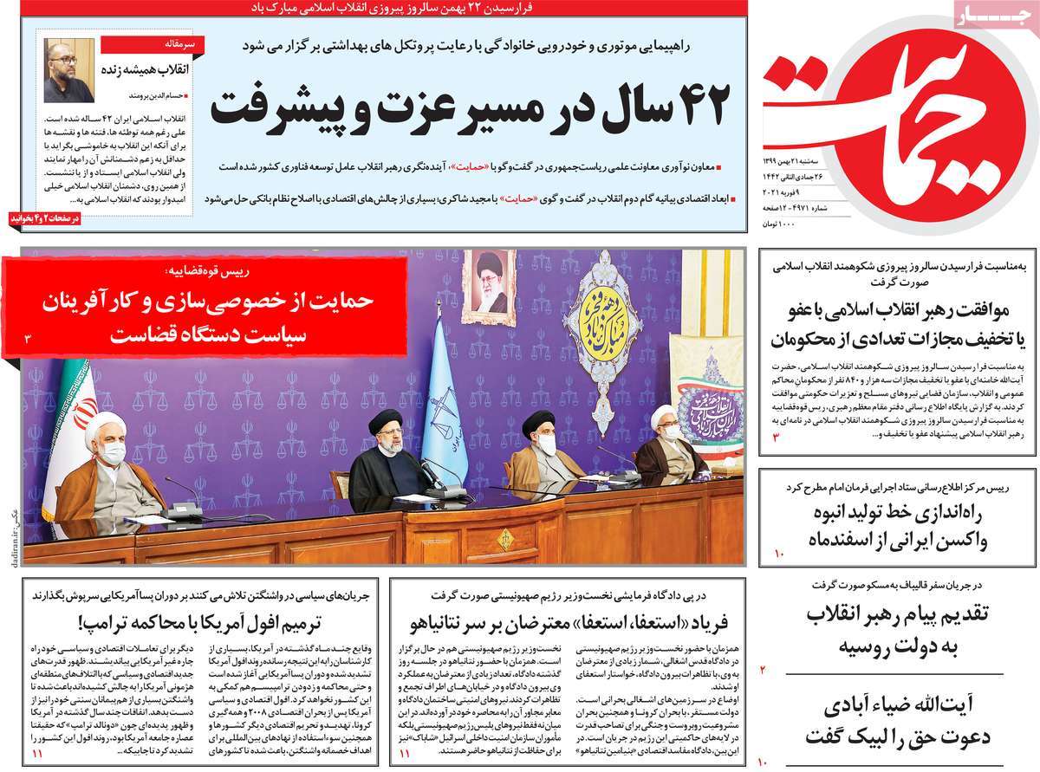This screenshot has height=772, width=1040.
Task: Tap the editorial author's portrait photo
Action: [69, 71]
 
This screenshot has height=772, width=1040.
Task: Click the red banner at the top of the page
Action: [374, 7]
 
